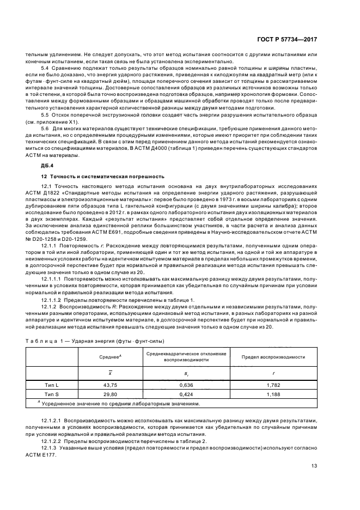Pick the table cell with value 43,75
(111, 385)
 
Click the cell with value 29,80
(111, 394)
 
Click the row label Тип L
(52, 385)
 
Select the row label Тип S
(52, 394)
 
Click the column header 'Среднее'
(110, 357)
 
